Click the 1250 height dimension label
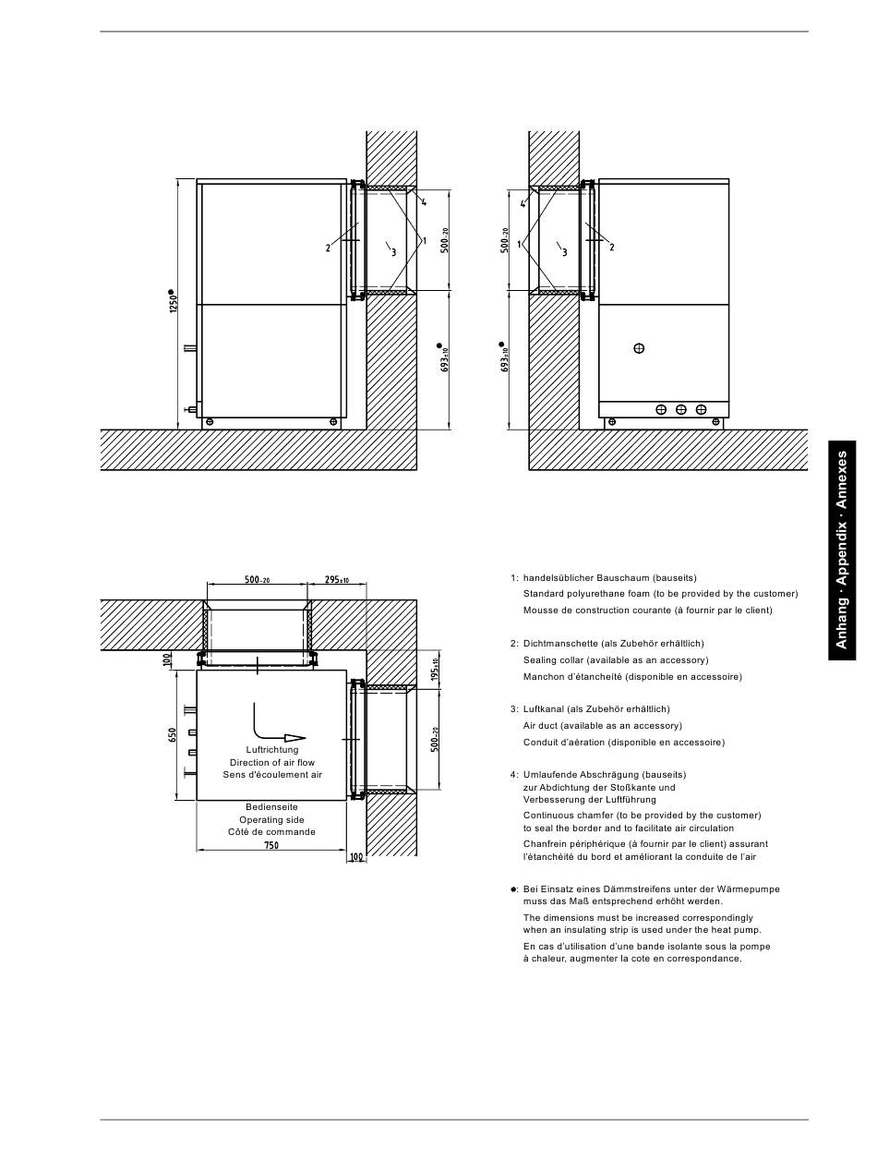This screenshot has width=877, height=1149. [174, 303]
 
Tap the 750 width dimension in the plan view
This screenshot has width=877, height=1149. [271, 845]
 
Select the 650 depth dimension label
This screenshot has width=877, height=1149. [173, 734]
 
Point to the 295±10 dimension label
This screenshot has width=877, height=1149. [337, 579]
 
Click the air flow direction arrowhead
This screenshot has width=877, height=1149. [294, 738]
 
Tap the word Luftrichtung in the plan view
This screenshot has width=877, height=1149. [272, 750]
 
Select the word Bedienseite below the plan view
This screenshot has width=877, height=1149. [271, 806]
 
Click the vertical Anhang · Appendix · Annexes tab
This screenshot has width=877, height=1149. [842, 550]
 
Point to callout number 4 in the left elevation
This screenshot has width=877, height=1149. [424, 201]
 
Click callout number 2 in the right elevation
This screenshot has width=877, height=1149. [612, 248]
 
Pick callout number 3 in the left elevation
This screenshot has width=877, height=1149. [394, 252]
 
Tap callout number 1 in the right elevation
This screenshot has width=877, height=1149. [520, 244]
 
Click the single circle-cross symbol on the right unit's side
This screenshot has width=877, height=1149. [639, 348]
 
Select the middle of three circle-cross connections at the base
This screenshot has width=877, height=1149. [681, 409]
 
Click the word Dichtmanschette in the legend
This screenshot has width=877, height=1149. [560, 644]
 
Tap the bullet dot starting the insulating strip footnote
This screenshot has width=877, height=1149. [513, 889]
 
